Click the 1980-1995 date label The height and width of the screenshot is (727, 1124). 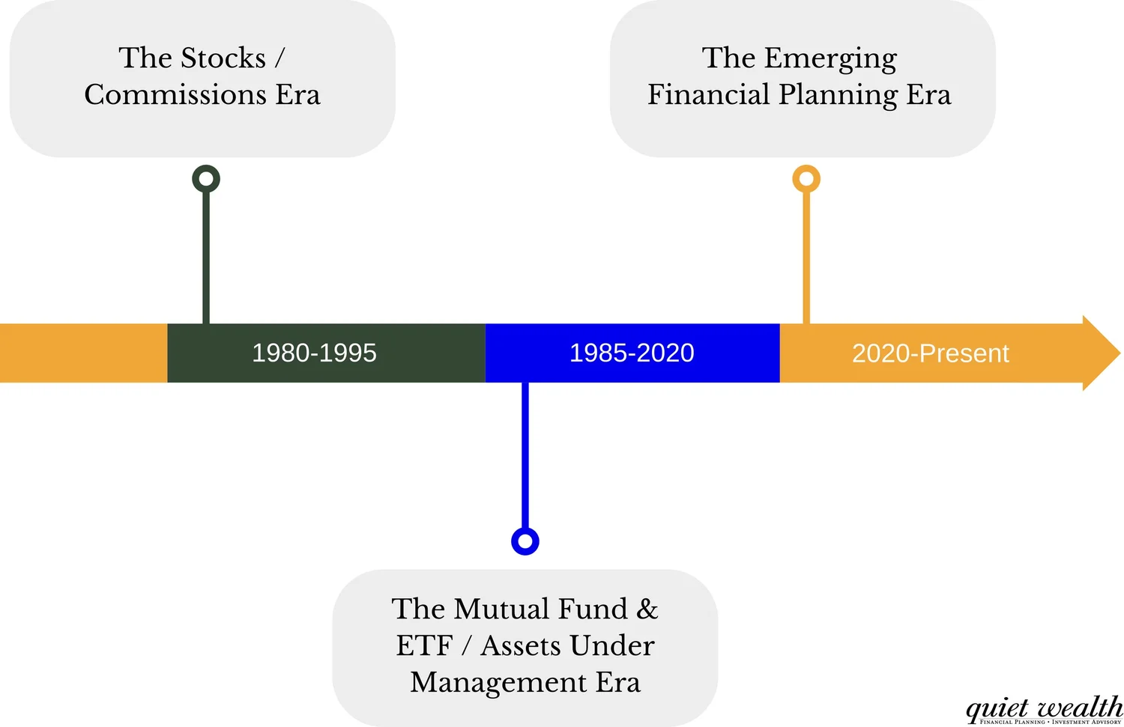pyautogui.click(x=314, y=353)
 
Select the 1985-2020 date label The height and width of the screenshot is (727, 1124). pyautogui.click(x=632, y=353)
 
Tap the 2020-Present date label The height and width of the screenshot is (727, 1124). pyautogui.click(x=930, y=353)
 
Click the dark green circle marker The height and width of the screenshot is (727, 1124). pyautogui.click(x=206, y=179)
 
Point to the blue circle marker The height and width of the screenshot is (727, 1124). pyautogui.click(x=525, y=541)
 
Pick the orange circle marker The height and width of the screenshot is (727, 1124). pyautogui.click(x=806, y=179)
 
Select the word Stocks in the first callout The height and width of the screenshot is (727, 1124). pyautogui.click(x=223, y=58)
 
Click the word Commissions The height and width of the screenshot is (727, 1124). pyautogui.click(x=175, y=95)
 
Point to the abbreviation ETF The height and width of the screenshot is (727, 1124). pyautogui.click(x=424, y=645)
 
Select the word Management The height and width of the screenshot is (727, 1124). pyautogui.click(x=498, y=682)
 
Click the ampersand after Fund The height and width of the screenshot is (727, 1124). pyautogui.click(x=647, y=609)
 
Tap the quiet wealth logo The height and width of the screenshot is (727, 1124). pyautogui.click(x=1044, y=709)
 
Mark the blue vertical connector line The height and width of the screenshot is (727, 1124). pyautogui.click(x=525, y=457)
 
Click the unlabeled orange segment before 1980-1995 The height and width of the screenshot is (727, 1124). pyautogui.click(x=82, y=353)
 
